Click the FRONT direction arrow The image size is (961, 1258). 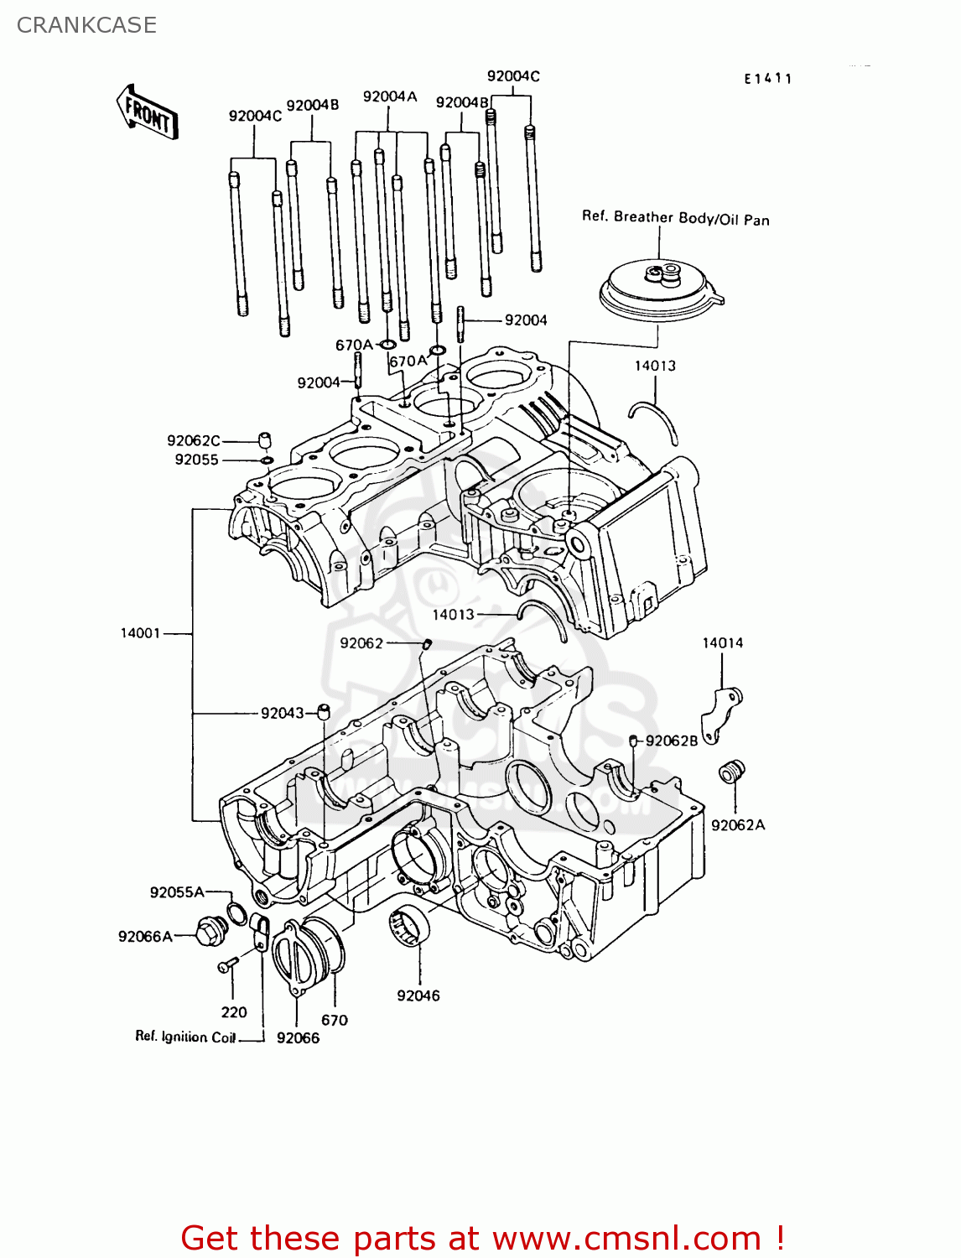(147, 111)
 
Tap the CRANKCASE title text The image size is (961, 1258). (86, 25)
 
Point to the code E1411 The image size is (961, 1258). (767, 79)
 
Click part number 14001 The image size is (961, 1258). (140, 633)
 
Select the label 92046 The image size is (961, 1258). (418, 995)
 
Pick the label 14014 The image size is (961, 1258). (722, 643)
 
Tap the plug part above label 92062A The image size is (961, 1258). (732, 772)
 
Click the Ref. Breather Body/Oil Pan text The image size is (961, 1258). (675, 218)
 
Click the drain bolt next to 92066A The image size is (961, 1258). (210, 931)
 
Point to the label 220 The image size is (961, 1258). (234, 1012)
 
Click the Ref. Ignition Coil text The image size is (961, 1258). (186, 1037)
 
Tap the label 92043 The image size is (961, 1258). (282, 714)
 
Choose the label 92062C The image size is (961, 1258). (193, 441)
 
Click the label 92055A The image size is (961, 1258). (176, 892)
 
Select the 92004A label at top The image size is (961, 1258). (389, 97)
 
